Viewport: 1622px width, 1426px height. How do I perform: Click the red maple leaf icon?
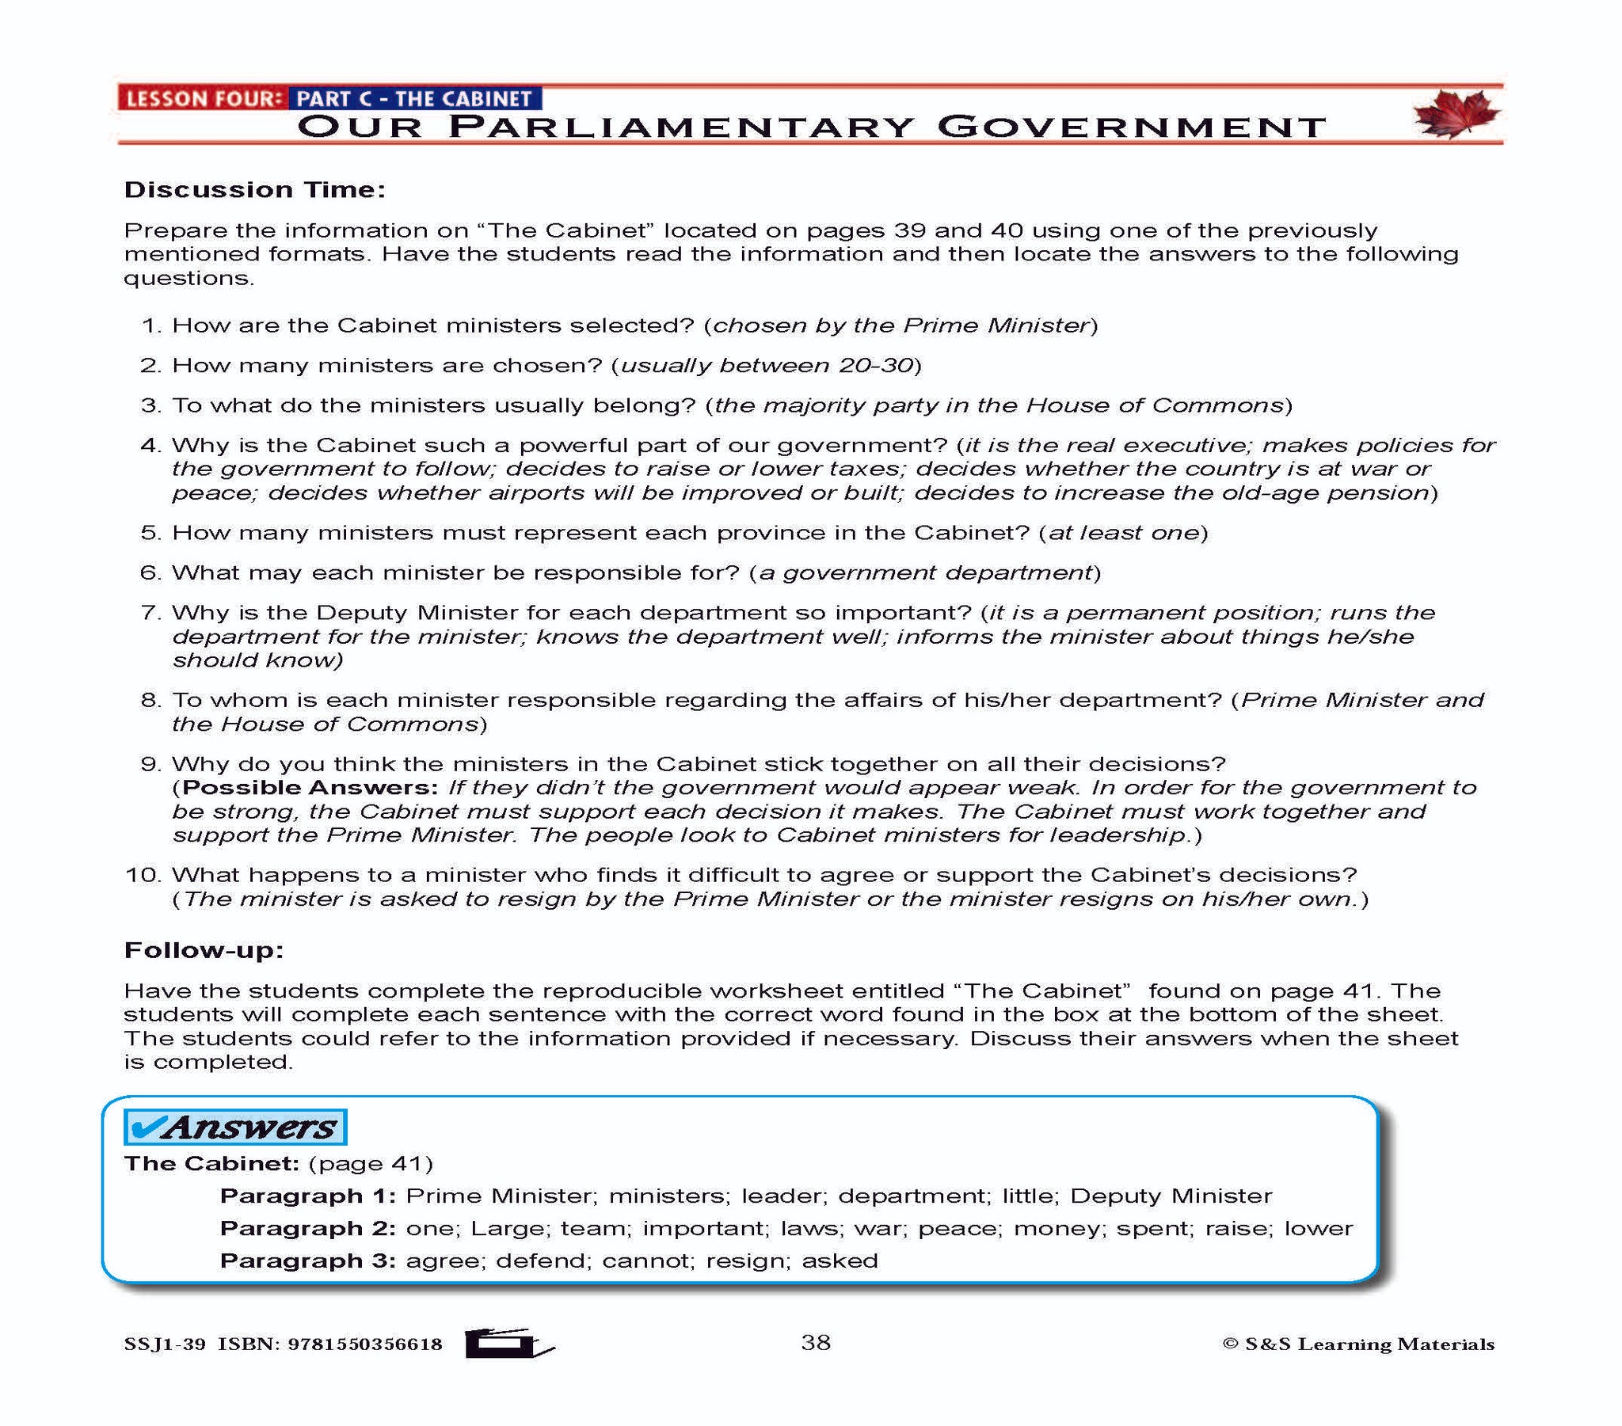[1456, 113]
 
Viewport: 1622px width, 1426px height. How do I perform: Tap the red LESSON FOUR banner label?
[204, 99]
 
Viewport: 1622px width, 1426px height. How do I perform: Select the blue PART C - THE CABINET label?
[413, 99]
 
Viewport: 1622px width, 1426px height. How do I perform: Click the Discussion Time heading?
[255, 190]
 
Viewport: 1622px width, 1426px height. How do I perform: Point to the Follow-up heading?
[204, 950]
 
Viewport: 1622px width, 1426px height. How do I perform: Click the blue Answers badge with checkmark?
[236, 1127]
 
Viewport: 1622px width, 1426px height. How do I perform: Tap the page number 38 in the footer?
[815, 1342]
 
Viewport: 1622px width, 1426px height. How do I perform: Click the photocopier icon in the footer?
[508, 1343]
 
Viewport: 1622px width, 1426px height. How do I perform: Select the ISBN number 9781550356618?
[365, 1344]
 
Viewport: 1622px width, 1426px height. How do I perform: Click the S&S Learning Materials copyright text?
[1358, 1344]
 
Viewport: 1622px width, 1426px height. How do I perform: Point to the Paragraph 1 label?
[307, 1196]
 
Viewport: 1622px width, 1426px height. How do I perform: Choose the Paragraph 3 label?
[307, 1261]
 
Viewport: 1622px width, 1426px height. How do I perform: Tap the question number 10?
[143, 875]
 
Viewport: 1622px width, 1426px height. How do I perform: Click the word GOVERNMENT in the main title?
[1131, 127]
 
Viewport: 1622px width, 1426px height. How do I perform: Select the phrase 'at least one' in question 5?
[1123, 532]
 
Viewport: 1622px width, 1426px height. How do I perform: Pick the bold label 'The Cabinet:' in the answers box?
[211, 1163]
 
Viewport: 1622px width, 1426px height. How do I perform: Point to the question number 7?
[150, 613]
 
